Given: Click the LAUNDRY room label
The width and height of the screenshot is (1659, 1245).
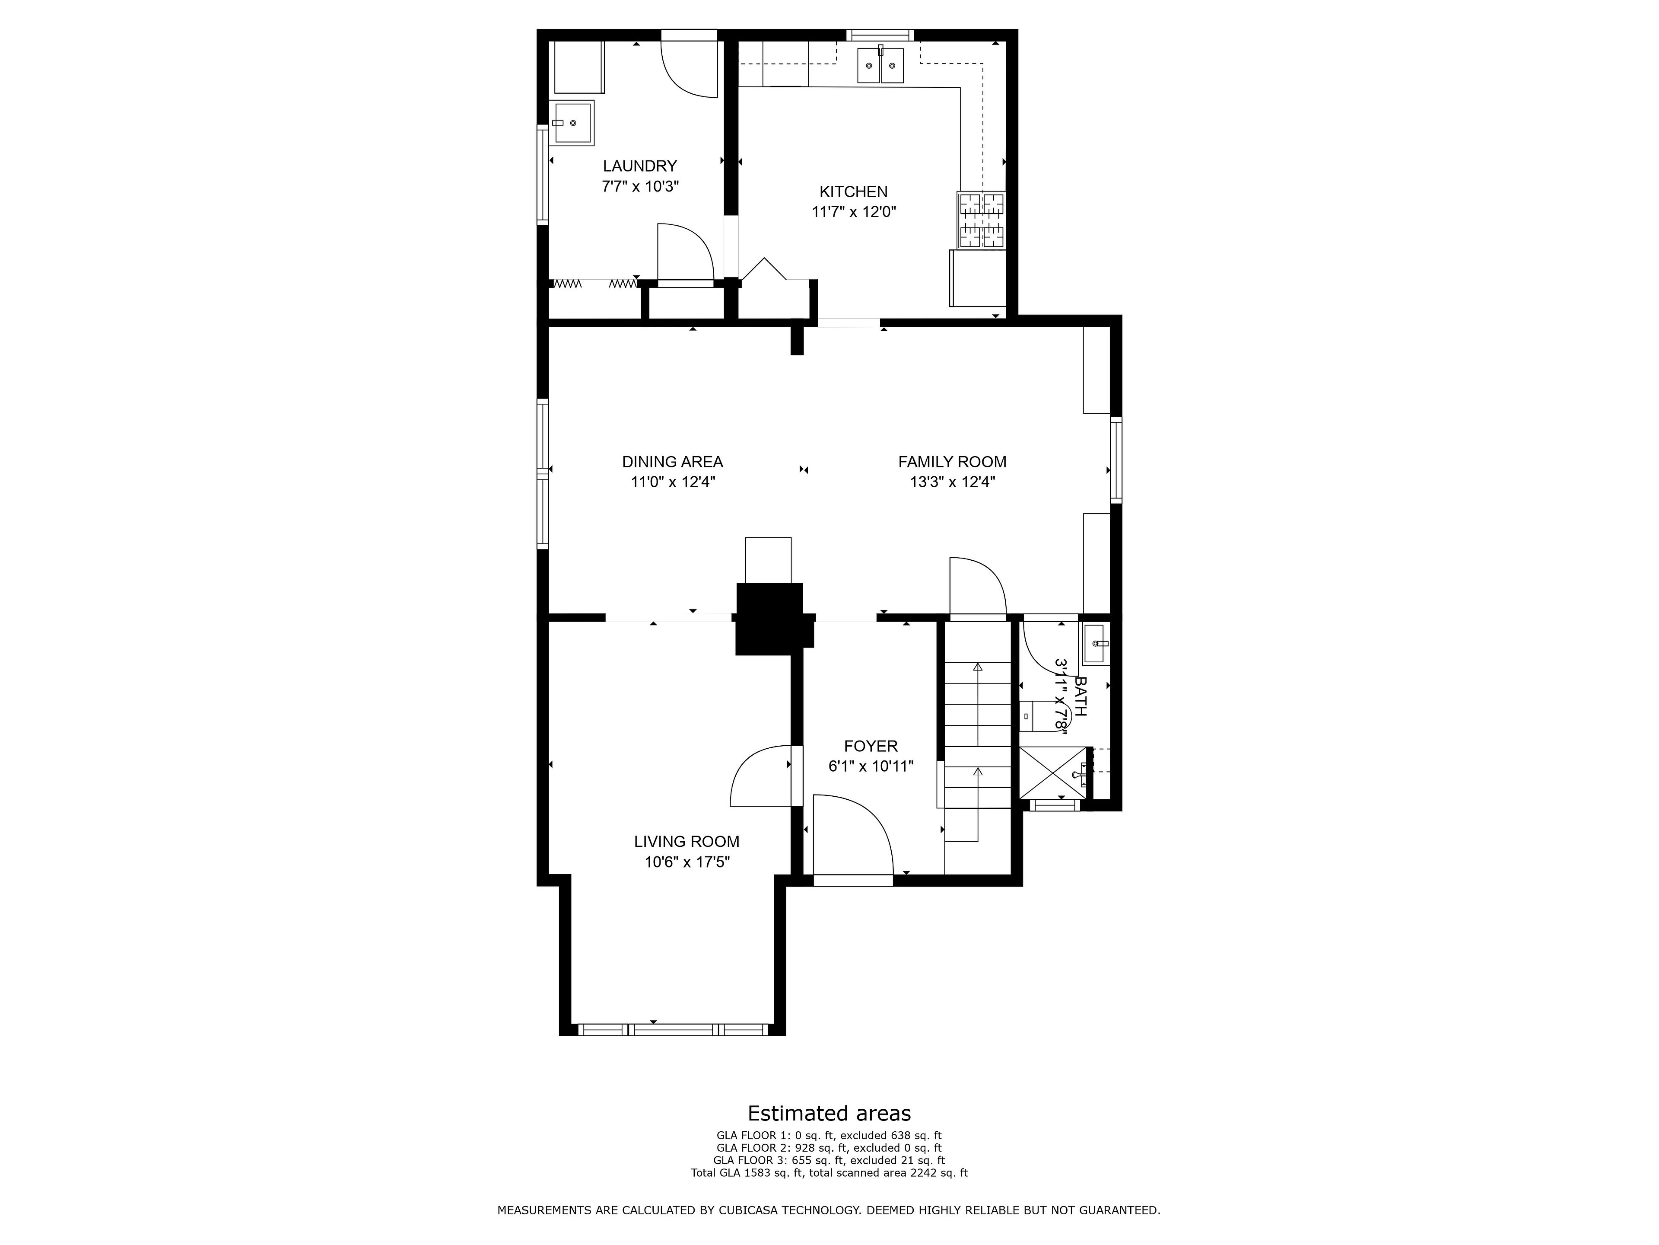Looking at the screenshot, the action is pyautogui.click(x=640, y=166).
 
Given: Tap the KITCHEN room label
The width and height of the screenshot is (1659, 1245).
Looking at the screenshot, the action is pyautogui.click(x=854, y=192).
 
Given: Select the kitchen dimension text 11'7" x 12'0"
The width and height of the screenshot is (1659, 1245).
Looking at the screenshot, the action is pyautogui.click(x=854, y=212).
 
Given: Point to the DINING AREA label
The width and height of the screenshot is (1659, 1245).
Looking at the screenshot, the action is pyautogui.click(x=673, y=462).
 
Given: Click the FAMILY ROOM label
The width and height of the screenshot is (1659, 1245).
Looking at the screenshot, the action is pyautogui.click(x=953, y=462).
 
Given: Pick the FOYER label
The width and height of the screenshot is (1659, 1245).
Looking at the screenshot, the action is pyautogui.click(x=871, y=746).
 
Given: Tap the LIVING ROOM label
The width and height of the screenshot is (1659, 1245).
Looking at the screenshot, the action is pyautogui.click(x=687, y=842).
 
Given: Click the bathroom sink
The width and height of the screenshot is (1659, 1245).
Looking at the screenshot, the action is pyautogui.click(x=1096, y=644).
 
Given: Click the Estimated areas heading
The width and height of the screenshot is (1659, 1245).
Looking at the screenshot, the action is pyautogui.click(x=829, y=1113).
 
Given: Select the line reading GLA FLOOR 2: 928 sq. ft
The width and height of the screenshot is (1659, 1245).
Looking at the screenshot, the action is pyautogui.click(x=829, y=1147).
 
